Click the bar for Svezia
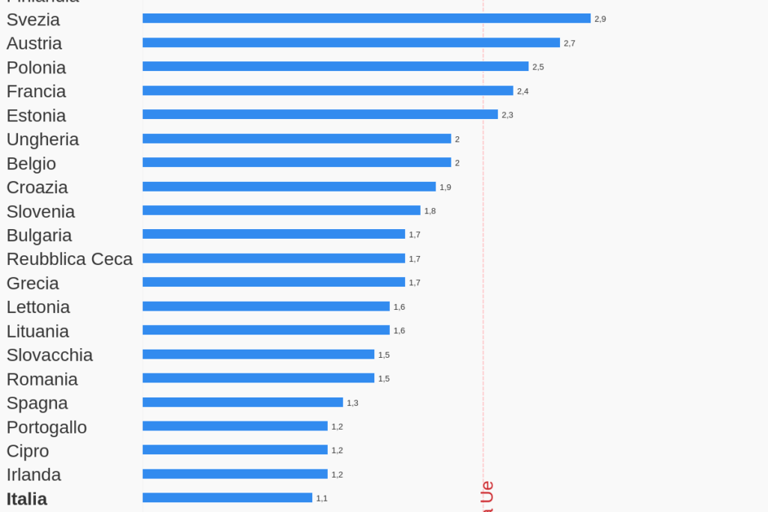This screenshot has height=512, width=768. click(366, 19)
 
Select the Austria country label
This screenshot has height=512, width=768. click(34, 43)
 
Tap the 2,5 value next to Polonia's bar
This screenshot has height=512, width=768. click(538, 67)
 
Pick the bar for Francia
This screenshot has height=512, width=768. click(328, 91)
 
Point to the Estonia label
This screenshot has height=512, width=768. click(36, 115)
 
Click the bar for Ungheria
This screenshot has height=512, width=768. click(296, 138)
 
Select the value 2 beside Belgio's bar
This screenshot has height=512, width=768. click(457, 163)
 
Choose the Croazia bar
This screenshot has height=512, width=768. click(289, 186)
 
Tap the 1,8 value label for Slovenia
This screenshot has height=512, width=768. click(430, 211)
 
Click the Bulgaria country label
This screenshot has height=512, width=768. click(39, 235)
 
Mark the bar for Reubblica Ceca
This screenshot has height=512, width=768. click(273, 258)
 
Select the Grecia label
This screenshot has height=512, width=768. click(33, 283)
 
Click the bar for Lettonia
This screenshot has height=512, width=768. click(266, 306)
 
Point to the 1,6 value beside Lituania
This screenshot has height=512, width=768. click(399, 331)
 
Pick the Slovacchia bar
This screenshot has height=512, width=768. click(258, 354)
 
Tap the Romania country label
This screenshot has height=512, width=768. click(42, 379)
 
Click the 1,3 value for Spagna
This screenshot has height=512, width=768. click(353, 403)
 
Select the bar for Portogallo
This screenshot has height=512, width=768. click(235, 426)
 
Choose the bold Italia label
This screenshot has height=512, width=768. click(27, 499)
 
